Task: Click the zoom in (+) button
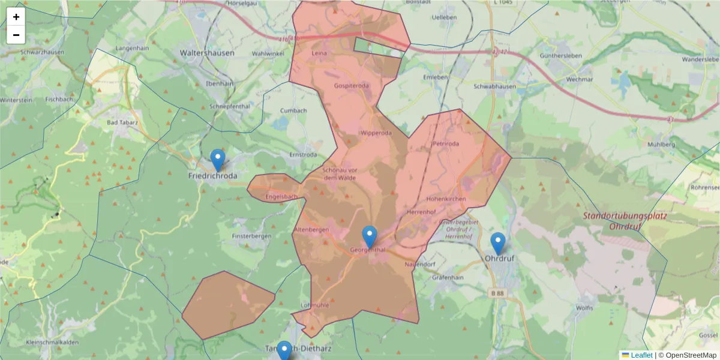pos(16,17)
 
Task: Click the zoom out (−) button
pos(16,35)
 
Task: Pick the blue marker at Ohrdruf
pos(497,244)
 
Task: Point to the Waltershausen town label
pos(207,53)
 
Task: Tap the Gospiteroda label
pos(352,86)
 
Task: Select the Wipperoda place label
pos(376,133)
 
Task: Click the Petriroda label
pos(445,144)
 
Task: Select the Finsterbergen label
pos(252,236)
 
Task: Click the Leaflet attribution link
pos(642,355)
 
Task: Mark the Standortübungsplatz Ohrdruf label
pos(625,221)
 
